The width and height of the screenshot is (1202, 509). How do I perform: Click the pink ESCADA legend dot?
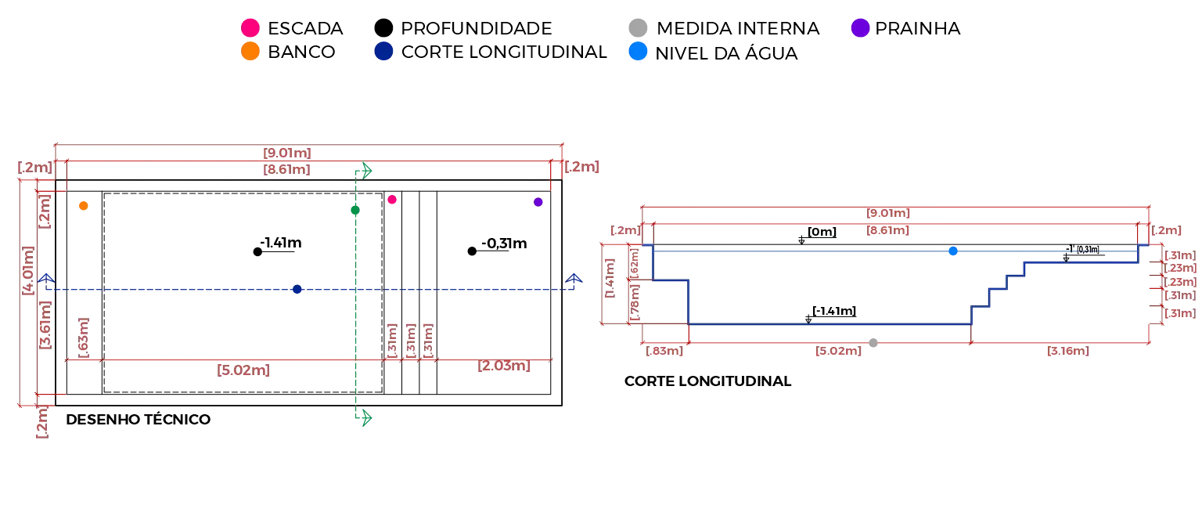click(x=250, y=27)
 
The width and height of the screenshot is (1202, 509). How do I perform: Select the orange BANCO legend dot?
click(x=250, y=51)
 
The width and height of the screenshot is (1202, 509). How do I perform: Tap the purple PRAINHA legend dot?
click(x=860, y=27)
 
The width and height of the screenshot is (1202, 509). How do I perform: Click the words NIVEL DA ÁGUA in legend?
click(x=726, y=53)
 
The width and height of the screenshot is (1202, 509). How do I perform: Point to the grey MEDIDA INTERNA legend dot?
click(x=638, y=27)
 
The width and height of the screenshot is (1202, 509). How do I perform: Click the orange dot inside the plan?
click(x=83, y=206)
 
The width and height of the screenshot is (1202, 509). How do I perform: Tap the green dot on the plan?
click(x=355, y=210)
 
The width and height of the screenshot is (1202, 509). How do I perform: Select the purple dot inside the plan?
click(x=538, y=202)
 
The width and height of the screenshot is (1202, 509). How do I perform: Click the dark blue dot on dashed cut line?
click(x=297, y=290)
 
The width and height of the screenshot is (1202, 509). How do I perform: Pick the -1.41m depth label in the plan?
click(x=281, y=243)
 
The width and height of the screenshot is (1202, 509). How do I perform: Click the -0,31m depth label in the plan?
click(x=504, y=244)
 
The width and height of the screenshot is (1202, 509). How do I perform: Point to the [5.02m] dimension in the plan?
click(x=243, y=370)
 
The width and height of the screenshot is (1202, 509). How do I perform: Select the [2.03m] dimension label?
click(x=504, y=366)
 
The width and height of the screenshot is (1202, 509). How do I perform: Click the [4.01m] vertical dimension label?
click(x=28, y=271)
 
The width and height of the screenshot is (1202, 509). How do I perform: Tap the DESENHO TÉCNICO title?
click(x=138, y=419)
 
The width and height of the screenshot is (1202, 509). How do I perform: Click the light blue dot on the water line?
click(x=953, y=251)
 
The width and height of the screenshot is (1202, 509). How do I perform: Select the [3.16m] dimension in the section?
click(x=1068, y=351)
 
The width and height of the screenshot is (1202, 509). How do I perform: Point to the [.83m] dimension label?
click(x=664, y=351)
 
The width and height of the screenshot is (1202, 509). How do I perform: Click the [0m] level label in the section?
click(x=822, y=232)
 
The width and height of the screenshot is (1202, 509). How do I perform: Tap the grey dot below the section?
click(x=873, y=342)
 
